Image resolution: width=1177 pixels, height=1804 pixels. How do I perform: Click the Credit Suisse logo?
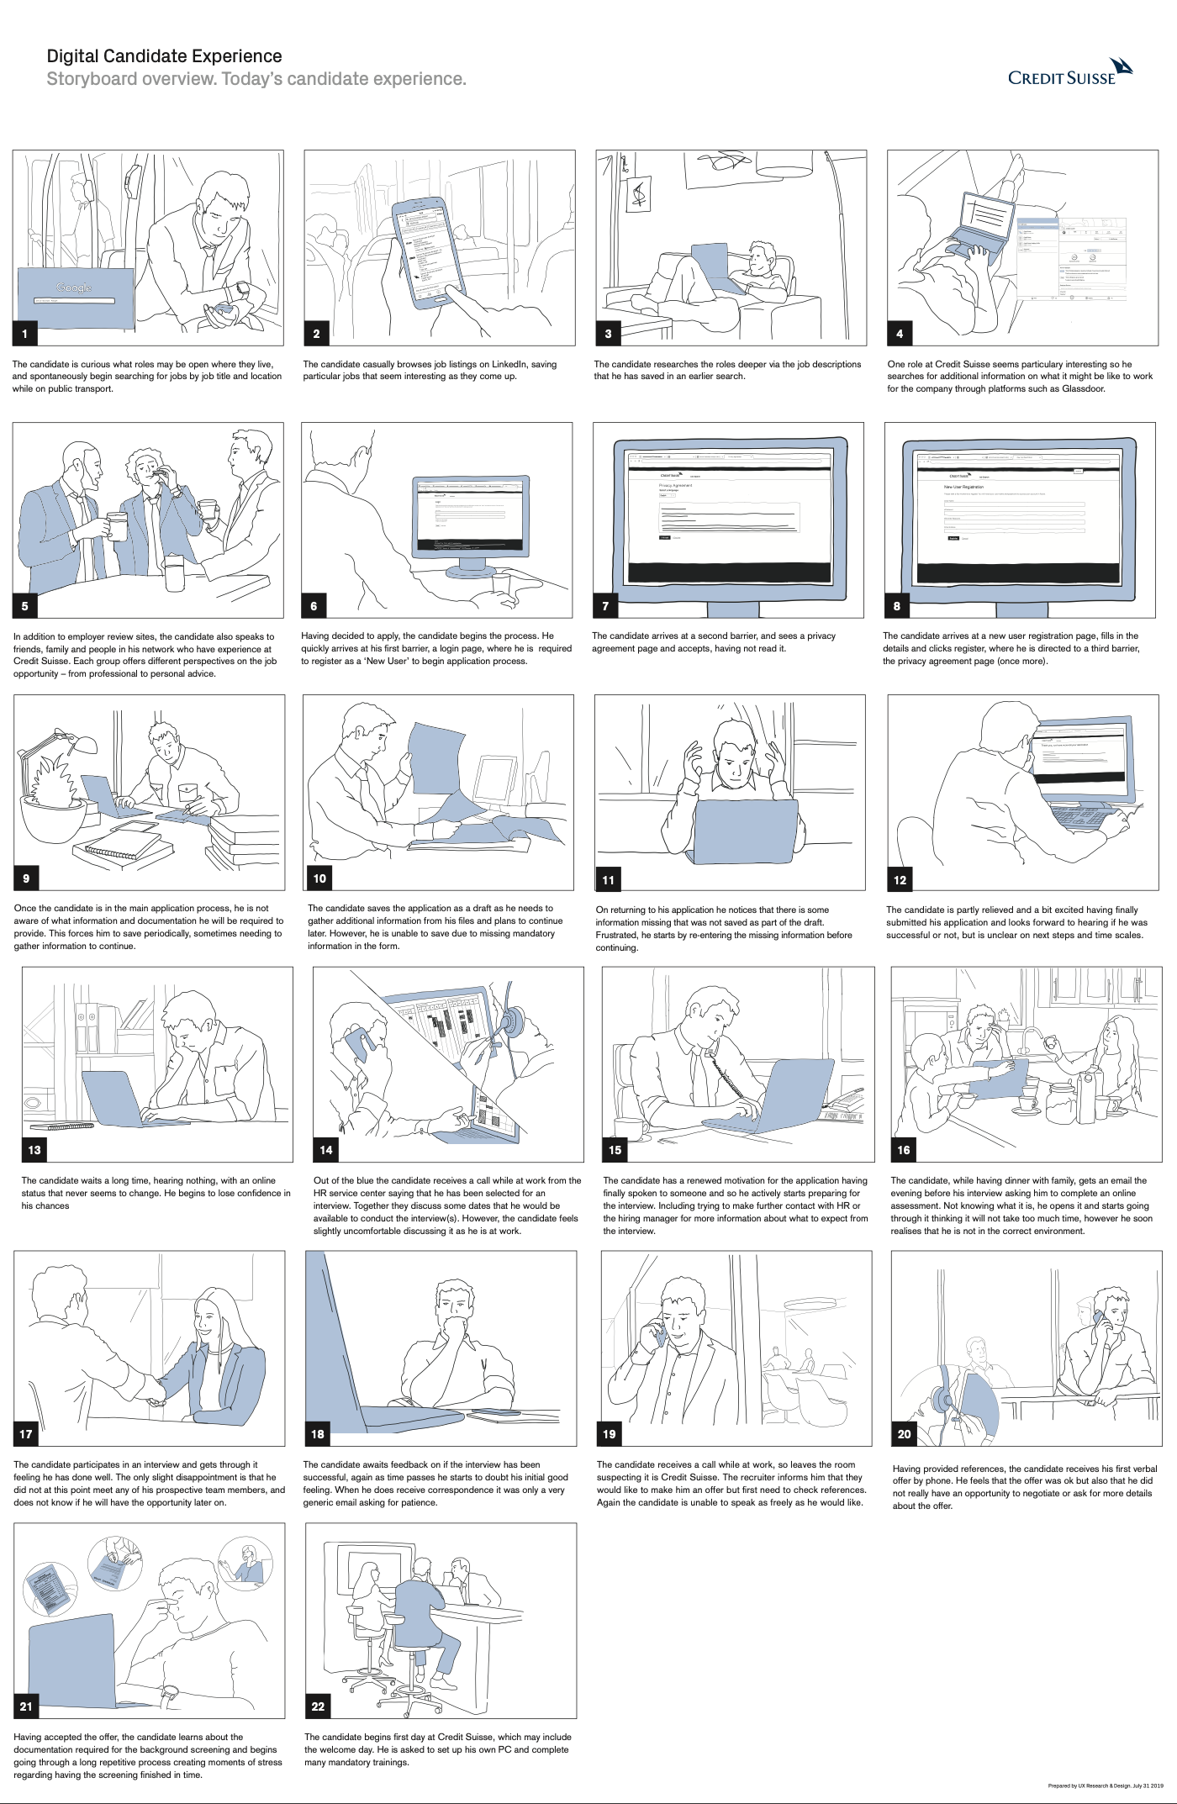[1070, 73]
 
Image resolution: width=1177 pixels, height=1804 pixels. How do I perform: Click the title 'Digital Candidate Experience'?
[164, 56]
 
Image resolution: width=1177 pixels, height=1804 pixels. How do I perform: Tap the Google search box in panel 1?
[74, 300]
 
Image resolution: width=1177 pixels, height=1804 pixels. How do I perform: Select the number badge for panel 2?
[316, 334]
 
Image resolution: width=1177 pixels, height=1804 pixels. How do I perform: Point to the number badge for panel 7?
[605, 606]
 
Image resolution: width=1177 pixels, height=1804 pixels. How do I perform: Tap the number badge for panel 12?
[900, 880]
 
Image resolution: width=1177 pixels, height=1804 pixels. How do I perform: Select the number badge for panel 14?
[326, 1150]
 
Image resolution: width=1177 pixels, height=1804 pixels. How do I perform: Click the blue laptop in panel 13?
[113, 1097]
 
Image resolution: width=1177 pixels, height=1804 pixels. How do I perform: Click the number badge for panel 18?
[317, 1434]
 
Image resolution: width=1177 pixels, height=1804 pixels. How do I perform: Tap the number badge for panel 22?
[318, 1706]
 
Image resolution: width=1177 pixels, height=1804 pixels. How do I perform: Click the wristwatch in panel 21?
[171, 1692]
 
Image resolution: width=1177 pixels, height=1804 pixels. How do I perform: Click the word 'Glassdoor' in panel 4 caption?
[1084, 389]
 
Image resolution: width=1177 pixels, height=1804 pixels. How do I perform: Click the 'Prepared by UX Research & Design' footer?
[1106, 1786]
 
